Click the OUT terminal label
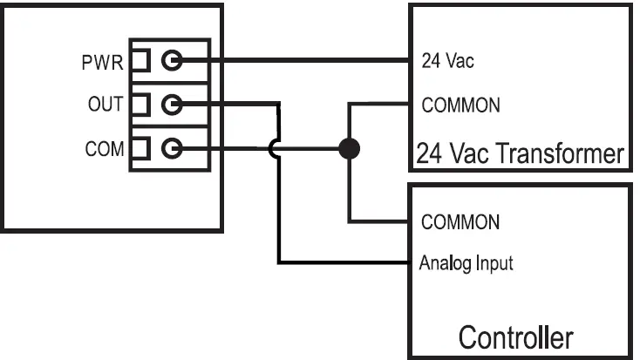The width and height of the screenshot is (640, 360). tap(103, 105)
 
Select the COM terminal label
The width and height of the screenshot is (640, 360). tap(103, 149)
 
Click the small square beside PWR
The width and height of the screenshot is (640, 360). tap(140, 61)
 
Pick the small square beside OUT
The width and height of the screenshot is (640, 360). tap(140, 105)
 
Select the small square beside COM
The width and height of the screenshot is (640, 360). tap(140, 149)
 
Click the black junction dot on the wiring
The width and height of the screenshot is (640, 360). tap(349, 149)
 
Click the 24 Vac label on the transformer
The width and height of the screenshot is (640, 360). tap(448, 63)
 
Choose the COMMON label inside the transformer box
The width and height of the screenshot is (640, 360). tap(460, 105)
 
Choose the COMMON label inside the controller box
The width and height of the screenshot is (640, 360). tap(460, 221)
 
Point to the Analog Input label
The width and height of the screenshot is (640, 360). tap(466, 262)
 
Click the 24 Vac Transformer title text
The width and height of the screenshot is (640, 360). tap(520, 154)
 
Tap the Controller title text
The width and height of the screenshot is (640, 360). tap(515, 337)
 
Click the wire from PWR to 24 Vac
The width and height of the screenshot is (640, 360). tap(296, 61)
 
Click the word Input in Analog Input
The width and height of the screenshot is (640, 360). tap(493, 262)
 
